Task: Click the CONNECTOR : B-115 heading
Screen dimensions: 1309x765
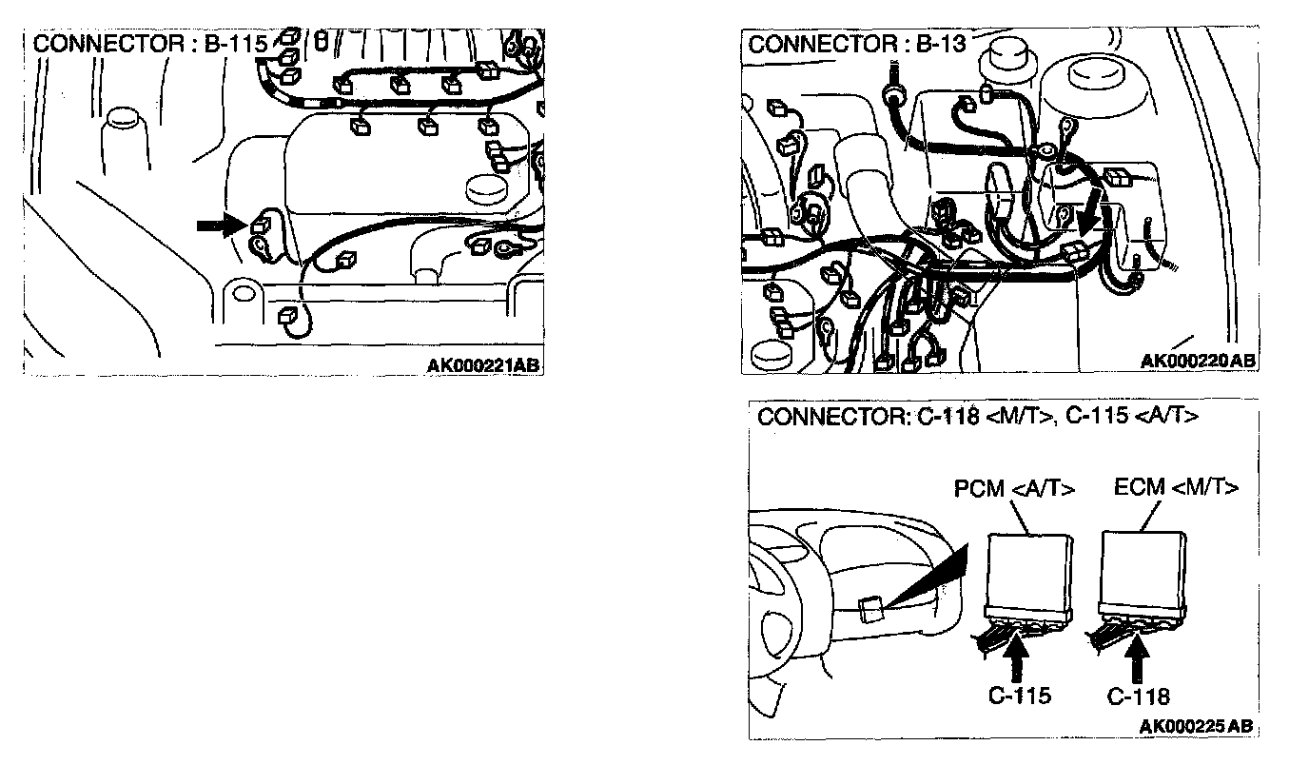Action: [x=150, y=45]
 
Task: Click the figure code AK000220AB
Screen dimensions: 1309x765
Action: [x=1198, y=360]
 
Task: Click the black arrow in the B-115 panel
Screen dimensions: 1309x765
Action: [x=220, y=225]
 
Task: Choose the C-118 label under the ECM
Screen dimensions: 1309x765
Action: [x=1139, y=696]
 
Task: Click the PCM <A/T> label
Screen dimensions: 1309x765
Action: [x=1014, y=489]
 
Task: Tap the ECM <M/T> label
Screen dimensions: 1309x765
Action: [x=1176, y=487]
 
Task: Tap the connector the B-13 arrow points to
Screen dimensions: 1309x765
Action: [x=1074, y=250]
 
